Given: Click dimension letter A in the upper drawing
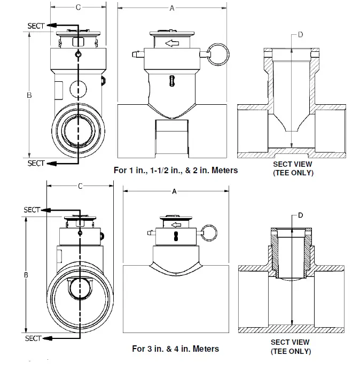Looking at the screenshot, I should click(171, 8).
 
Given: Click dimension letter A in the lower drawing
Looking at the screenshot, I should click(174, 191).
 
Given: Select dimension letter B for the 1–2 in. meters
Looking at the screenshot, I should click(29, 95).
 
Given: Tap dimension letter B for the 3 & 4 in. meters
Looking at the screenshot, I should click(26, 275).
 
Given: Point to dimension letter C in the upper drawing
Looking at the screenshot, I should click(78, 7).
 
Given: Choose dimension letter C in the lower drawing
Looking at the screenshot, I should click(80, 186).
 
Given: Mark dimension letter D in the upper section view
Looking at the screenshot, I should click(300, 35).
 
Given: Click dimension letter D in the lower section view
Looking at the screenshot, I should click(300, 215).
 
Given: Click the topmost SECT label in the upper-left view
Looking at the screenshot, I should click(36, 26).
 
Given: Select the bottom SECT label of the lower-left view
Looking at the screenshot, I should click(33, 338).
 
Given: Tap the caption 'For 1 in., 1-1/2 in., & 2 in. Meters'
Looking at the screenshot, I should click(176, 171).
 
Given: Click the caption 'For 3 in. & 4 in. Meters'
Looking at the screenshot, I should click(175, 349).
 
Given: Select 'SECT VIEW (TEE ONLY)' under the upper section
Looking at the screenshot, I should click(293, 168).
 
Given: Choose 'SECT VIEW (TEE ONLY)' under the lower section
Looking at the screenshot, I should click(291, 346).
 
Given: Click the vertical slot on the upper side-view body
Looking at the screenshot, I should click(171, 80).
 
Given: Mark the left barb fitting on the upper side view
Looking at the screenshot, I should click(137, 53).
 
